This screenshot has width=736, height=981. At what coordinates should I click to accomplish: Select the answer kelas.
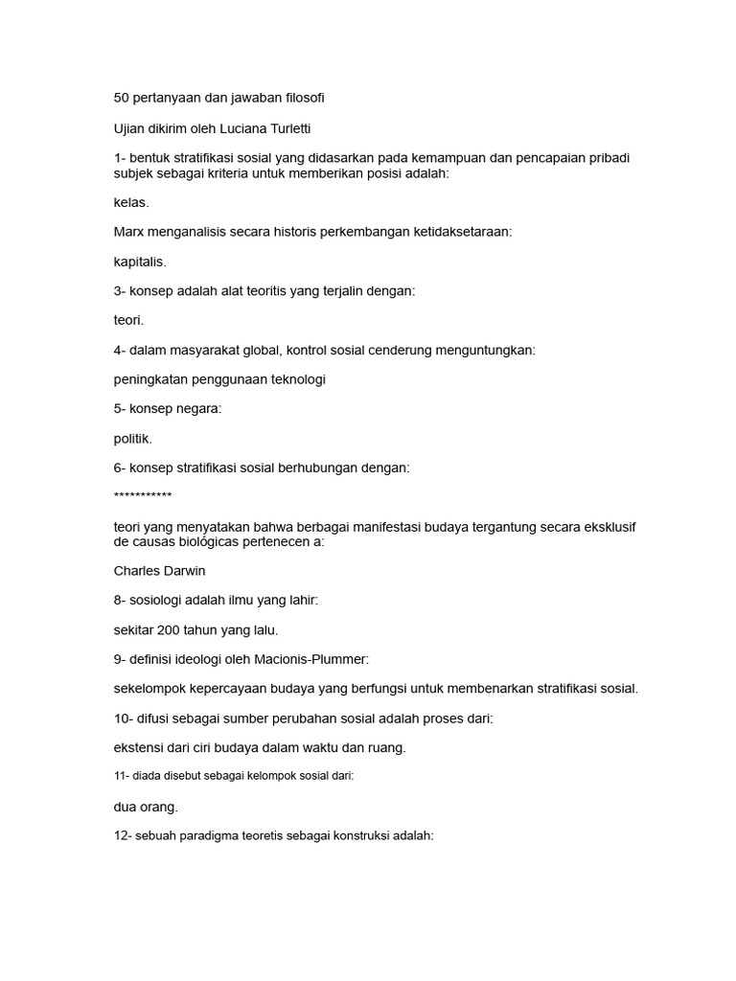[131, 202]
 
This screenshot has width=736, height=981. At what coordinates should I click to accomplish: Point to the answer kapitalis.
[140, 262]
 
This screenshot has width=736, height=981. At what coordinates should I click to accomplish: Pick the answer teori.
[128, 320]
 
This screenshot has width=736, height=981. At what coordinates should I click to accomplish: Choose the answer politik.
[133, 438]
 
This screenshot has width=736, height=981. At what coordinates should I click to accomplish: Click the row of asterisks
[143, 496]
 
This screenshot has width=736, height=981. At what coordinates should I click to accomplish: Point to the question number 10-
[125, 718]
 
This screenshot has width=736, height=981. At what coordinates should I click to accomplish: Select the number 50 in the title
[122, 98]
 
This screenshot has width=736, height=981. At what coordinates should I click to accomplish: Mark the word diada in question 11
[145, 777]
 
